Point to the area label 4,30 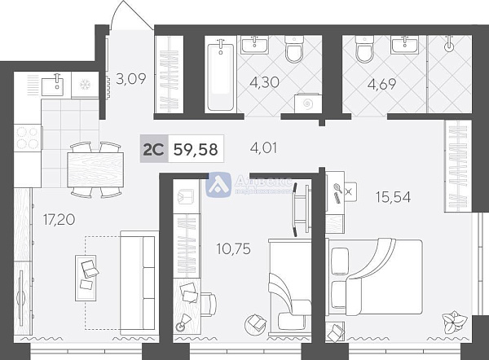[x=263, y=81]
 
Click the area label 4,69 [x=382, y=82]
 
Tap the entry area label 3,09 [x=131, y=79]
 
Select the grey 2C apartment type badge [x=153, y=150]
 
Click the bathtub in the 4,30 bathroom [x=220, y=77]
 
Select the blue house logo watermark [x=218, y=184]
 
